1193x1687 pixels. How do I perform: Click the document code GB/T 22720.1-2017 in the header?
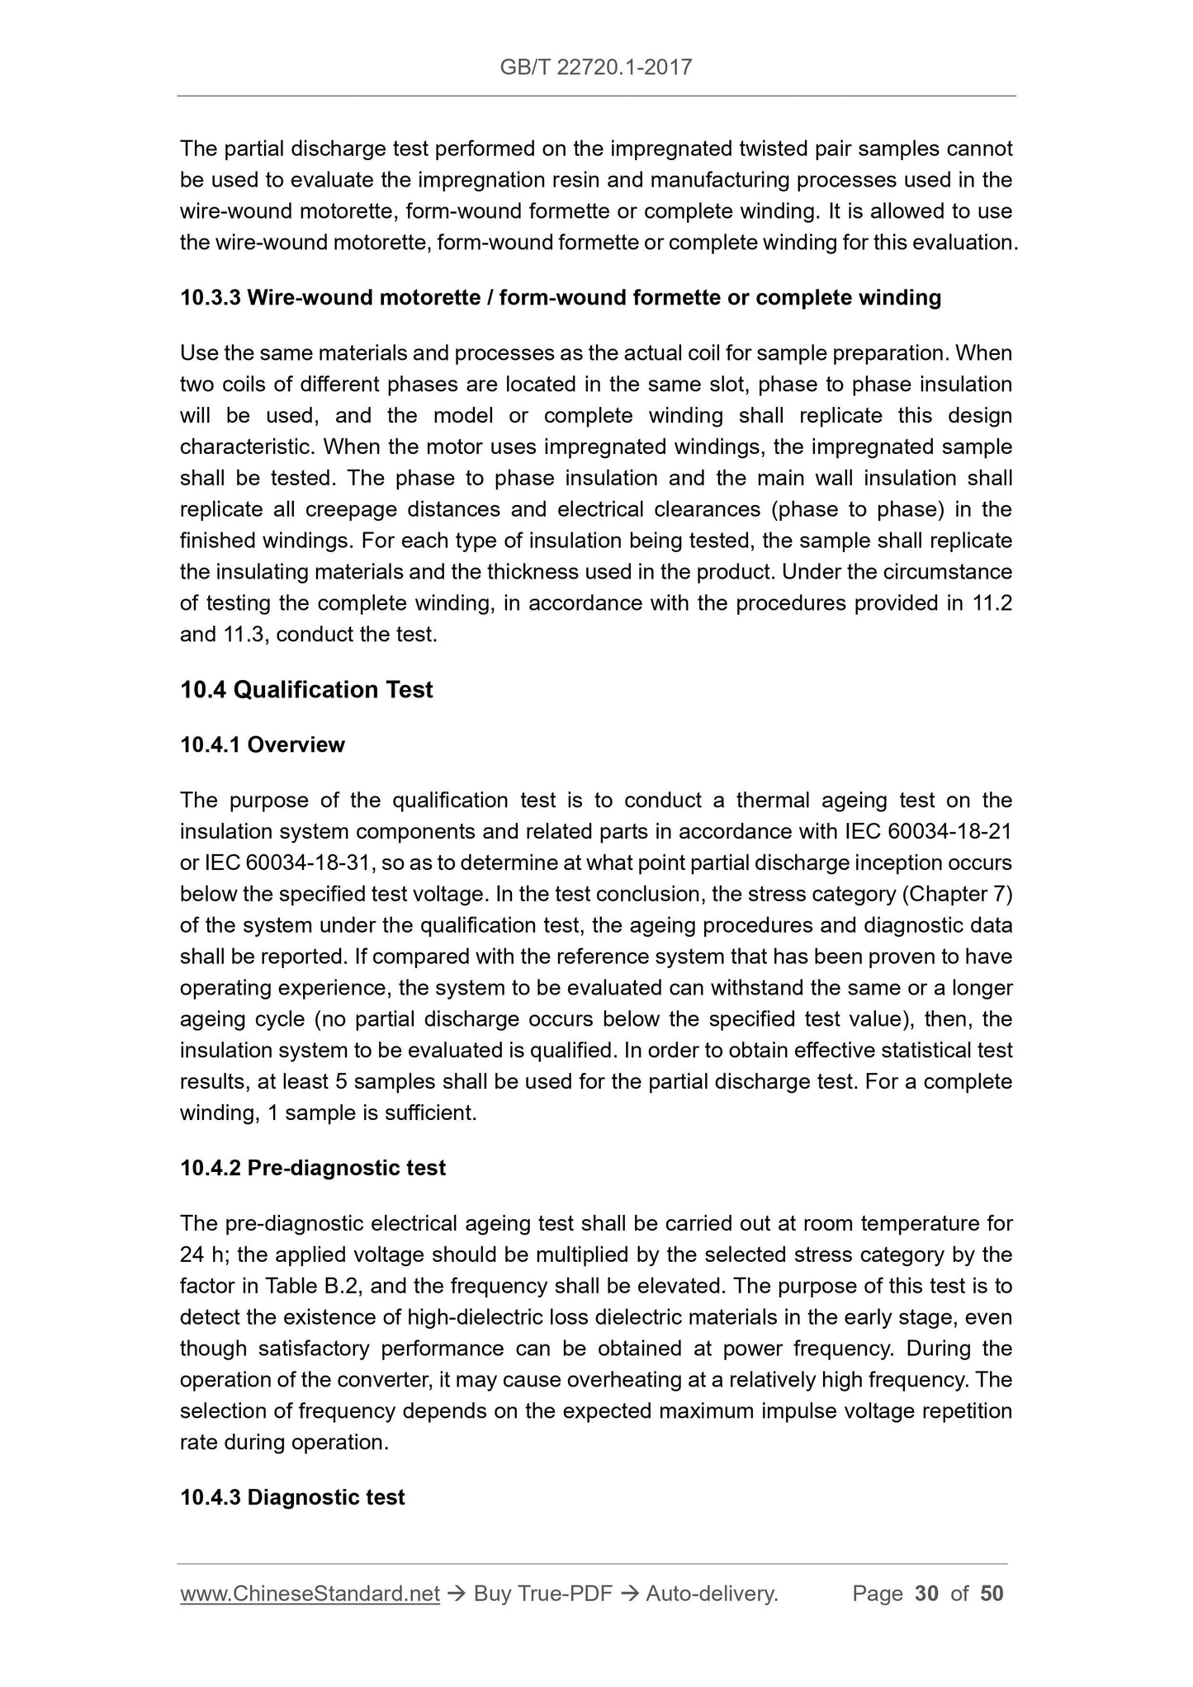596,68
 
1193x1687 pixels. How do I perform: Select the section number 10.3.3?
210,297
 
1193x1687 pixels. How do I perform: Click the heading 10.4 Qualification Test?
306,689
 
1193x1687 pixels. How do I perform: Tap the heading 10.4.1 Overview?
263,744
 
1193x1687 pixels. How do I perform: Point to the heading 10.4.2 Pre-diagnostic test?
313,1168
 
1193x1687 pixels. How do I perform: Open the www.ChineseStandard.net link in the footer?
310,1594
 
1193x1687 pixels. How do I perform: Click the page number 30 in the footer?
926,1594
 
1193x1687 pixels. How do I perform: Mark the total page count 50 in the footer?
992,1594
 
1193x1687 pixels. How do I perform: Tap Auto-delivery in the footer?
712,1594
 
